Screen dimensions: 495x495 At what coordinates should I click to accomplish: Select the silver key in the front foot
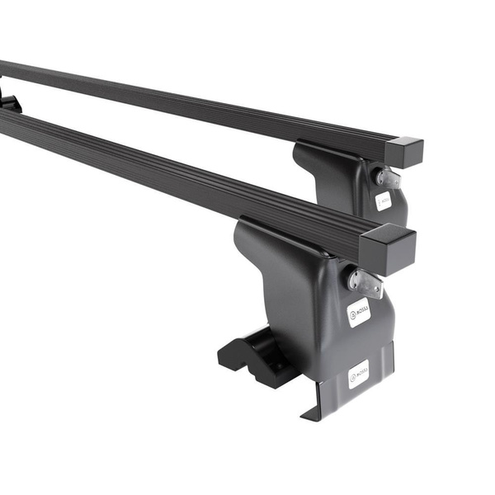point(365,281)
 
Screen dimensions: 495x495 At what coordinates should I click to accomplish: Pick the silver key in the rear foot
point(388,177)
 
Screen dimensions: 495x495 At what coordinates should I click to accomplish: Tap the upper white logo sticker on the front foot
point(358,313)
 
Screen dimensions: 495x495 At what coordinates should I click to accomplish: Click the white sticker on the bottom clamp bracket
point(359,374)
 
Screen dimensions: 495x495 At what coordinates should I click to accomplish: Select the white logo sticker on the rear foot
point(384,200)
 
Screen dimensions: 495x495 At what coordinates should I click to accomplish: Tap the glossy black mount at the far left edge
point(7,102)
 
